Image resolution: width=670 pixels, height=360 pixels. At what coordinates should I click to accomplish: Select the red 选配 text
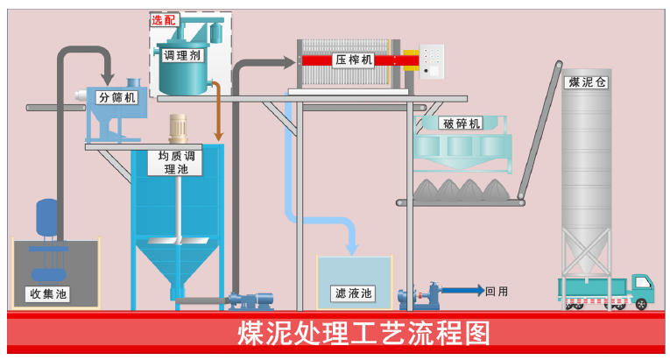pyautogui.click(x=163, y=19)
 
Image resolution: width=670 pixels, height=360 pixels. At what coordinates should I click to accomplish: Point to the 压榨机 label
pyautogui.click(x=355, y=60)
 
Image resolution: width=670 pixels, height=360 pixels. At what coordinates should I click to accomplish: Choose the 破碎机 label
pyautogui.click(x=462, y=124)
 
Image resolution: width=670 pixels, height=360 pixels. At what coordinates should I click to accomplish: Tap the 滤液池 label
pyautogui.click(x=354, y=293)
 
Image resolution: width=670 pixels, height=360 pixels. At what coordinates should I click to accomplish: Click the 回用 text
pyautogui.click(x=497, y=291)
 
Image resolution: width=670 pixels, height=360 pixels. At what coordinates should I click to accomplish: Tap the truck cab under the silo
pyautogui.click(x=641, y=286)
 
